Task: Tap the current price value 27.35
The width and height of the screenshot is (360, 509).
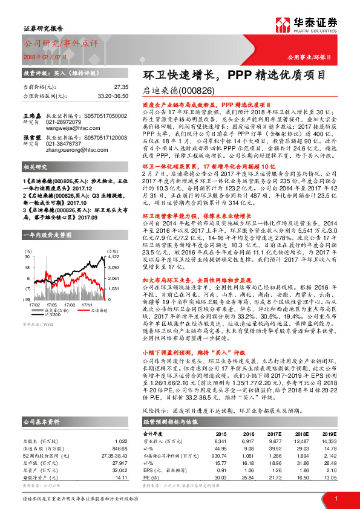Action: click(120, 87)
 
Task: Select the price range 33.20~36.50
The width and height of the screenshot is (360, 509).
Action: click(113, 96)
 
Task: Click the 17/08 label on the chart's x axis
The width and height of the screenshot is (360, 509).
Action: click(70, 288)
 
